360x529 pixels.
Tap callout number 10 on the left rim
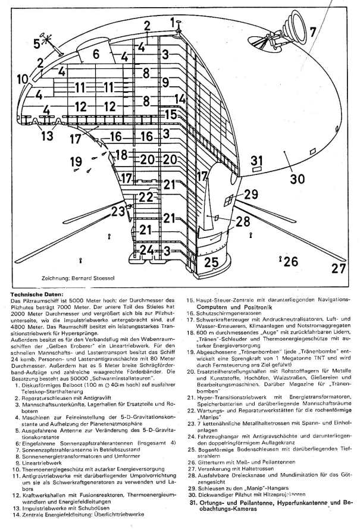click(23, 79)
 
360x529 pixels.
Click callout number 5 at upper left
click(37, 43)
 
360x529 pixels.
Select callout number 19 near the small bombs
click(76, 161)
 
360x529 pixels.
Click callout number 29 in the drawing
click(251, 193)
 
